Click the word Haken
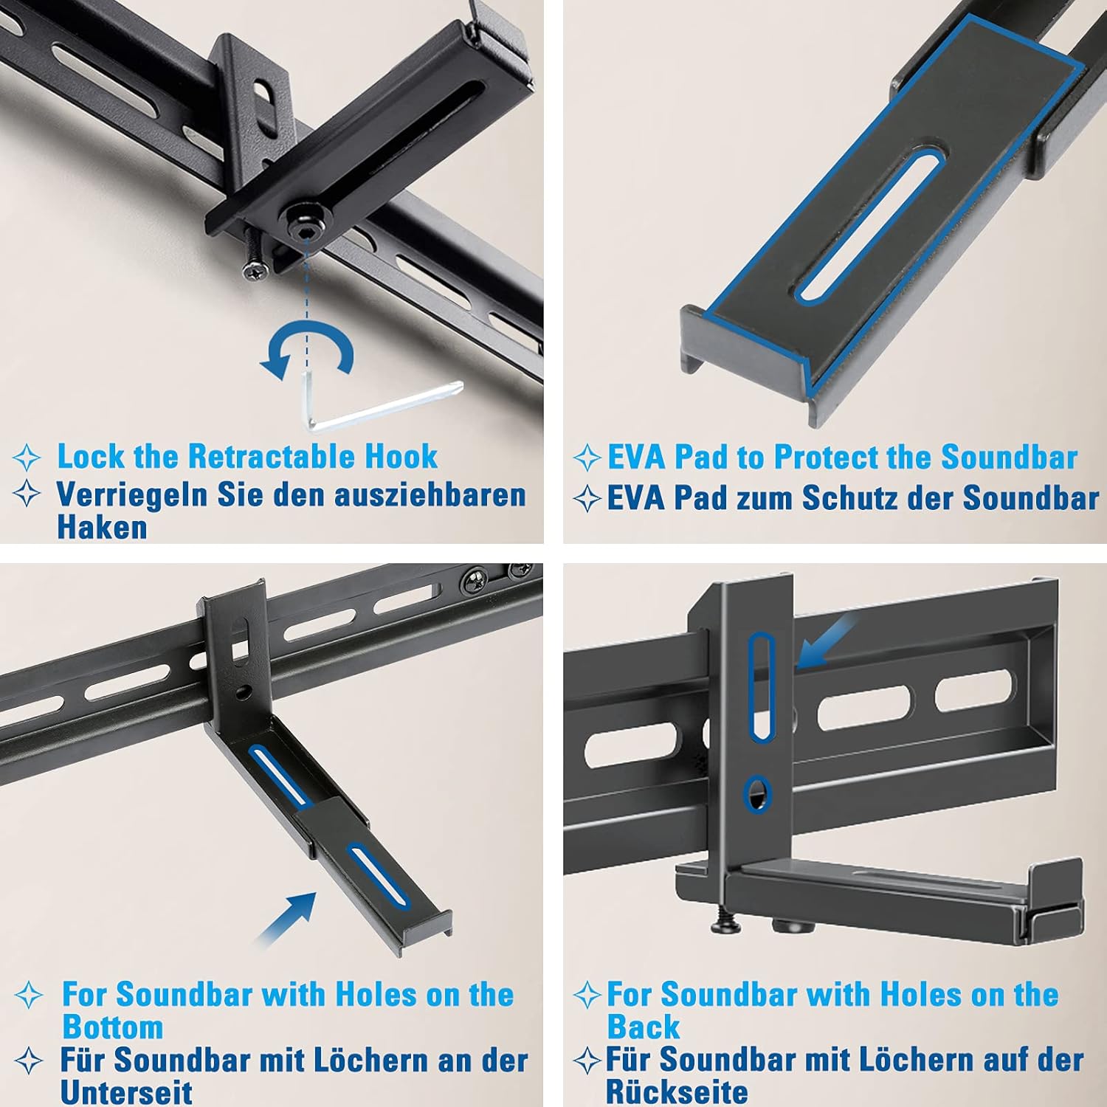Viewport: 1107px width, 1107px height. coord(102,528)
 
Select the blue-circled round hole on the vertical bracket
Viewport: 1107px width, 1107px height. coord(757,795)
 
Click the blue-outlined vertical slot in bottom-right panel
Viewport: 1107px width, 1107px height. coord(761,686)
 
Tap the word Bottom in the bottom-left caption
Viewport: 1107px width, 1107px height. coord(112,1027)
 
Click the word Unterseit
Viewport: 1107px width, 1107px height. coord(126,1092)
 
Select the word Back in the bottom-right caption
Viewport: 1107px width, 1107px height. coord(643,1027)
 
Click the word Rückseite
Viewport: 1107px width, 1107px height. coord(677,1092)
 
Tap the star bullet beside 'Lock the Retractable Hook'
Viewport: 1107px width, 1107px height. coord(27,458)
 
